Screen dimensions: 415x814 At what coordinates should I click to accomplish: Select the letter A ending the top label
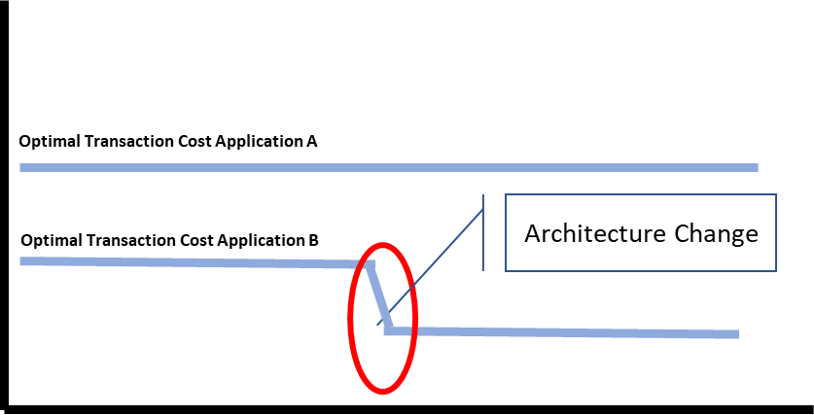click(312, 142)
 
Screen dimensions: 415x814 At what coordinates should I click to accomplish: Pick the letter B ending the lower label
click(312, 239)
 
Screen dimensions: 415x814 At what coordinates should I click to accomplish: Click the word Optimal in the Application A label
click(46, 142)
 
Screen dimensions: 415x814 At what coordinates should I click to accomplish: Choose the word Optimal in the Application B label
click(46, 239)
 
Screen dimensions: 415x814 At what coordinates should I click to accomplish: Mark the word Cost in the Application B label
click(191, 239)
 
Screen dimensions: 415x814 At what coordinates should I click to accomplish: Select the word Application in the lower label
click(257, 240)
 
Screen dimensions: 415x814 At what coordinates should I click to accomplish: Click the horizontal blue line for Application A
click(389, 167)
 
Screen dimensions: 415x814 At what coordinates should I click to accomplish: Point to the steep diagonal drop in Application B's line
click(378, 295)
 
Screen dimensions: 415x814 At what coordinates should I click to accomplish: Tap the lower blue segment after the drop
click(564, 332)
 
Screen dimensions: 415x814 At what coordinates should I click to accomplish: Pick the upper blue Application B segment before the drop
click(195, 261)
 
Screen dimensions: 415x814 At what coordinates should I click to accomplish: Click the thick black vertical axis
click(5, 194)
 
